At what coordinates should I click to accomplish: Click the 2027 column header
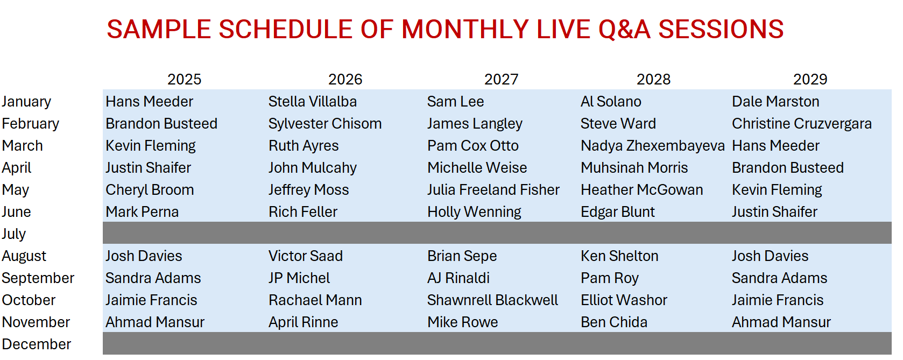click(x=501, y=79)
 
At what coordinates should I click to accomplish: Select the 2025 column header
click(x=184, y=79)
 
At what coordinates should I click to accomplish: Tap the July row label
click(x=13, y=234)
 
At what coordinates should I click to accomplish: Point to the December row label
click(x=36, y=344)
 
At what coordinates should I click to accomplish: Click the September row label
click(x=38, y=278)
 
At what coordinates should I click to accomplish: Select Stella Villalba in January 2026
click(x=313, y=101)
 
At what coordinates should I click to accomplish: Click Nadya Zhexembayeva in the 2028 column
click(x=653, y=145)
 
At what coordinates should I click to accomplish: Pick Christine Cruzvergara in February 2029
click(x=802, y=123)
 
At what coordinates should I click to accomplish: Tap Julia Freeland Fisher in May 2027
click(x=493, y=189)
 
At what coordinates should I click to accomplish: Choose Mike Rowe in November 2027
click(x=462, y=322)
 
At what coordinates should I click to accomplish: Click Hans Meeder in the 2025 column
click(x=149, y=101)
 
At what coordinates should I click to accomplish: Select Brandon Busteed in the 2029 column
click(x=788, y=167)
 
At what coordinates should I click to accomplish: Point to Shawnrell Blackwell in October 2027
click(x=492, y=300)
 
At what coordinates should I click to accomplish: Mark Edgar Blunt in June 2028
click(x=618, y=211)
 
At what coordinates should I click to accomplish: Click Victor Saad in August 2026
click(x=306, y=256)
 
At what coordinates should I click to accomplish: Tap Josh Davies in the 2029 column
click(x=770, y=256)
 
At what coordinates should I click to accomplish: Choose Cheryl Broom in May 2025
click(x=150, y=189)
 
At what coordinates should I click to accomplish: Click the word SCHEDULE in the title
click(x=285, y=29)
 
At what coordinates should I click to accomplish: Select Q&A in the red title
click(x=624, y=30)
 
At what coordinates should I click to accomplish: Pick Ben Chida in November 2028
click(x=614, y=322)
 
